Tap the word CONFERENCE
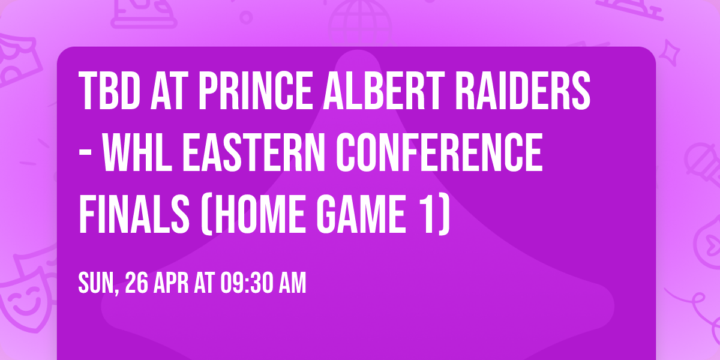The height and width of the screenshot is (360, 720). pyautogui.click(x=440, y=155)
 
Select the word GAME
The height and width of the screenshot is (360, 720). pyautogui.click(x=355, y=218)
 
